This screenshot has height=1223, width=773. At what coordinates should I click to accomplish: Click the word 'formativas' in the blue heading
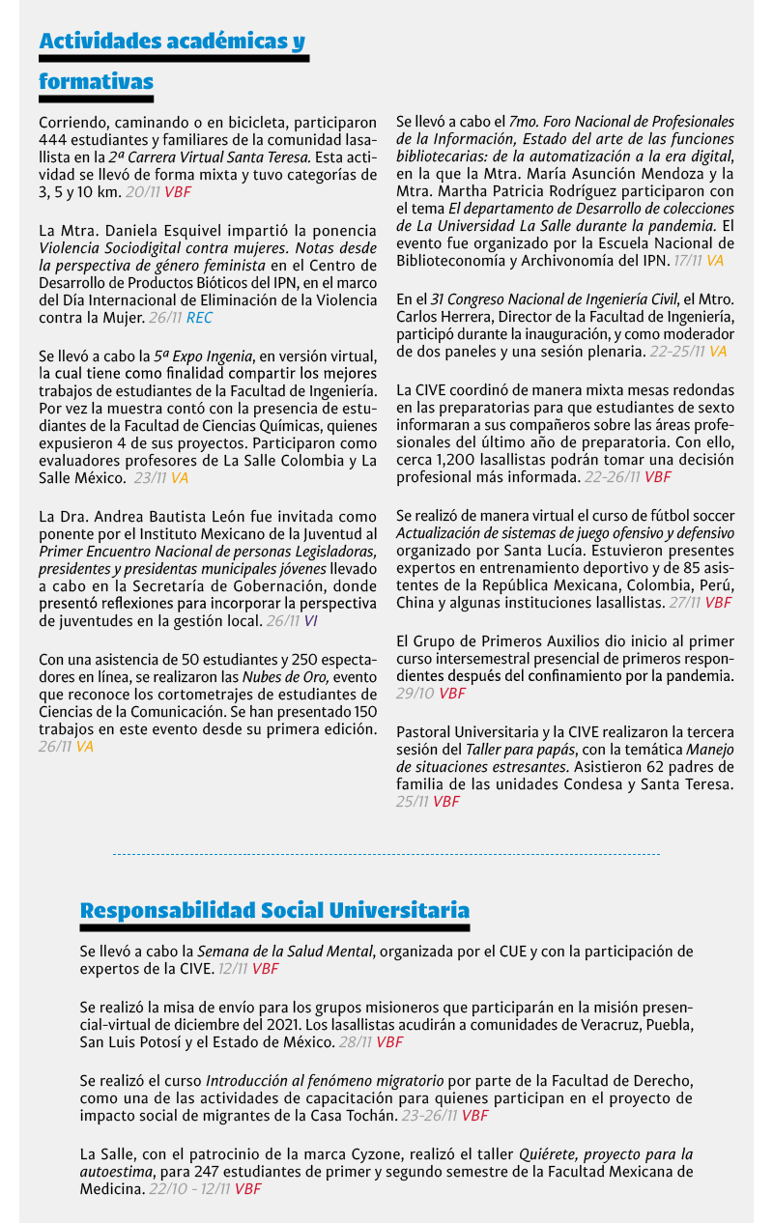point(96,82)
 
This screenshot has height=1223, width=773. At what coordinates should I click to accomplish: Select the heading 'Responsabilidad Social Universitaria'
point(274,910)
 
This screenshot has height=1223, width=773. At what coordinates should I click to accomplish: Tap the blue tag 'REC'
point(200,317)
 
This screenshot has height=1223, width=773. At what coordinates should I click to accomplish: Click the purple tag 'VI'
point(310,621)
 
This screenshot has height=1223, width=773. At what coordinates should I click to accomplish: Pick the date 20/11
point(142,192)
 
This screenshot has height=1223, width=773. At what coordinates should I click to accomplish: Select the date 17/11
point(686,261)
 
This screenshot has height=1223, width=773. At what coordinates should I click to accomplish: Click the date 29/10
point(415,694)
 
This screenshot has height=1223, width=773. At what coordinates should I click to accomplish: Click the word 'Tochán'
point(370,1116)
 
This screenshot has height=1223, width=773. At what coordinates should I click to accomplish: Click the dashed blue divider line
point(386,854)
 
